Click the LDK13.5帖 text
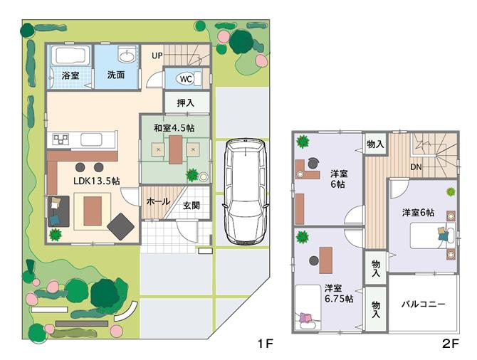pos(95,181)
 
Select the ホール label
pos(157,202)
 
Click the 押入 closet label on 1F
pos(186,103)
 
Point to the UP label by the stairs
pos(157,55)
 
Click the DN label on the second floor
pos(416,169)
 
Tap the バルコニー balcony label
pos(423,304)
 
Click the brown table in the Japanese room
pos(175,149)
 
